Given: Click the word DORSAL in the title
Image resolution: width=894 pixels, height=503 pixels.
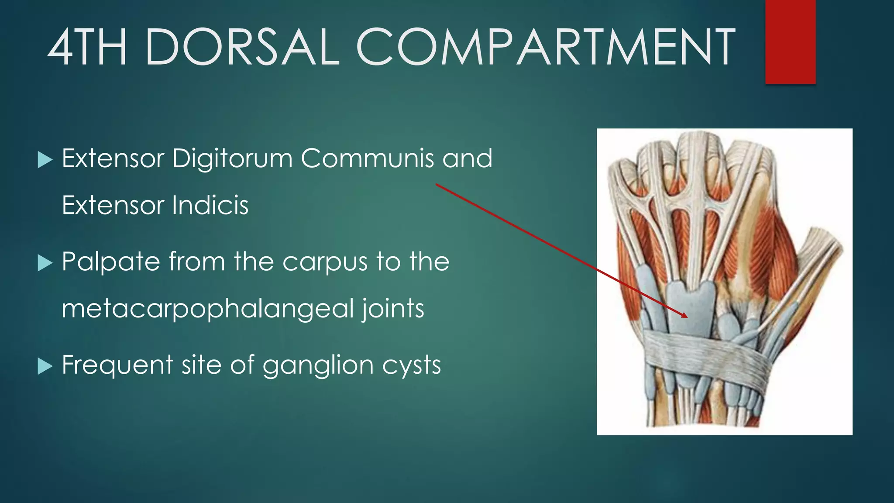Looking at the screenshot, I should pos(242,47).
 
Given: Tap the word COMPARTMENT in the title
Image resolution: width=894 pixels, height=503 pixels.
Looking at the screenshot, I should pos(546,47).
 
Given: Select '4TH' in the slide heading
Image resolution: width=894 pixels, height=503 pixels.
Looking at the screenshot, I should pos(87,47).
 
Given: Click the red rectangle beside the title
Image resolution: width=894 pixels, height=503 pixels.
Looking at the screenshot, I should pos(790,41).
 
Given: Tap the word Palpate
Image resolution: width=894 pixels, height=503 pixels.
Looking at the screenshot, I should pos(111,262).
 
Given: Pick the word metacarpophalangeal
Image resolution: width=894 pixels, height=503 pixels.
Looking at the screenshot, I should pos(207,309).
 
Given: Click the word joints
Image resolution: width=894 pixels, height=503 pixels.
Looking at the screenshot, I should pos(393,309).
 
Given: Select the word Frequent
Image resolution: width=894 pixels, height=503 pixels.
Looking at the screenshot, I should pos(117,365).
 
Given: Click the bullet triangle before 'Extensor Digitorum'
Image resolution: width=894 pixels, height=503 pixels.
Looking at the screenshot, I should pos(45,160).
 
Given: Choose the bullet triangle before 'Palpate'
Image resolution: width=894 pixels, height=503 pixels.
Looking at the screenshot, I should pos(45,263).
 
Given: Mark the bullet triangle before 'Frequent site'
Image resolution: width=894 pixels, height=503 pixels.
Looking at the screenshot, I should pos(45,366).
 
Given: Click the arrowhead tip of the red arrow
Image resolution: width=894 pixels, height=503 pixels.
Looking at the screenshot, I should pos(687,317).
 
